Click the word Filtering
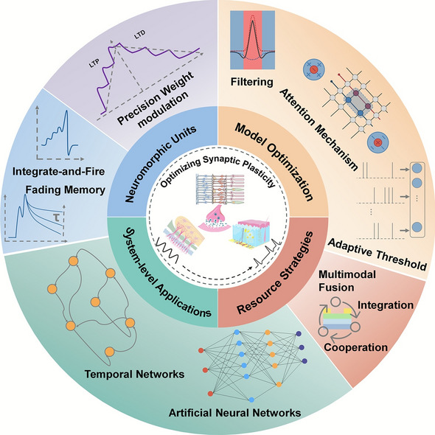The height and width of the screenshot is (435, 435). click(x=252, y=82)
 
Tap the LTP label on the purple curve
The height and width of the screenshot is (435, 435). click(x=94, y=63)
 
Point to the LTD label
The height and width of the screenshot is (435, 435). click(x=139, y=35)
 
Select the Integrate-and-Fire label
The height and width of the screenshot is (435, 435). click(x=58, y=172)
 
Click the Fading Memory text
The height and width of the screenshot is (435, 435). click(x=66, y=190)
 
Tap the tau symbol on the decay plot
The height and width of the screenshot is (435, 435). click(x=57, y=217)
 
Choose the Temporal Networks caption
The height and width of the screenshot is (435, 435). click(x=134, y=375)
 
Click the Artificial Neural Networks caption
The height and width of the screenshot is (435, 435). click(x=235, y=413)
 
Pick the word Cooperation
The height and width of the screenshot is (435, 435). click(x=355, y=347)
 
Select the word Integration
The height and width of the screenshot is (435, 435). click(x=386, y=305)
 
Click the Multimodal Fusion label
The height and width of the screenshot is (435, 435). click(x=347, y=281)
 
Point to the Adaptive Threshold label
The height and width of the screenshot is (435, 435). click(x=377, y=254)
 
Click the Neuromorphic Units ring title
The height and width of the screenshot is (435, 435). click(x=160, y=163)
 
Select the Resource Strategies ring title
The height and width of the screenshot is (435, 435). click(x=275, y=273)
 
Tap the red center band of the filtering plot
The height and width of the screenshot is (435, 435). click(x=252, y=40)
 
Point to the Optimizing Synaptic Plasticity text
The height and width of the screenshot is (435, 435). click(x=217, y=170)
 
